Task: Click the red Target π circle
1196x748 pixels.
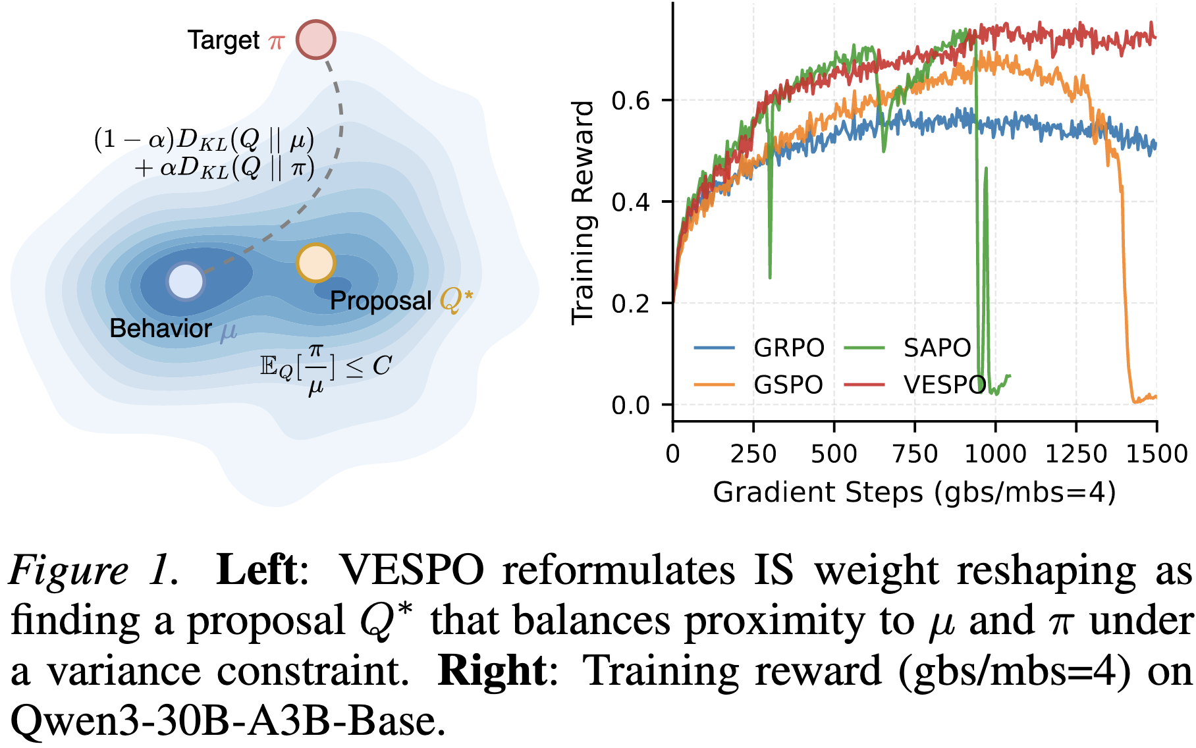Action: point(315,40)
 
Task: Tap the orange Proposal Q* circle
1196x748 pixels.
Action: point(315,262)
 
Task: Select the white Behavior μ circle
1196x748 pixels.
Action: point(186,281)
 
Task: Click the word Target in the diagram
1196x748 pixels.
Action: point(223,41)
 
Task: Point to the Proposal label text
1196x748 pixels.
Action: point(380,301)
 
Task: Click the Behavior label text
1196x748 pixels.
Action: point(161,329)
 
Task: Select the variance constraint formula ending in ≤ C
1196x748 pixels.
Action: point(325,367)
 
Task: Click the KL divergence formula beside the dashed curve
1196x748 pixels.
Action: point(204,154)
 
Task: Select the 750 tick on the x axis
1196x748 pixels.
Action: point(915,454)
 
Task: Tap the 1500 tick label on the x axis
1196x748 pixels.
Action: point(1156,454)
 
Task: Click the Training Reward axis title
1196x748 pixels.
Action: point(584,212)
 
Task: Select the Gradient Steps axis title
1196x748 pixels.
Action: point(914,493)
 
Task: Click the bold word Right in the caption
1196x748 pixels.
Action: point(492,671)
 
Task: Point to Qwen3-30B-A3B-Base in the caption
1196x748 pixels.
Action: point(224,722)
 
